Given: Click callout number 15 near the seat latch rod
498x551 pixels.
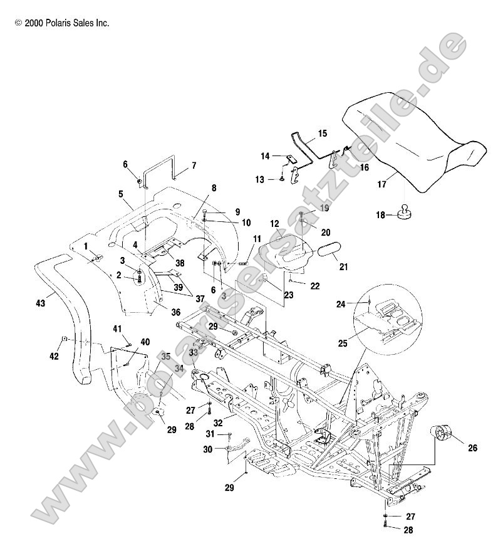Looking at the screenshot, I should pos(323,134).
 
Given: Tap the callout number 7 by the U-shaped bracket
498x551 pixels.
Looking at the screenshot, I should pos(194,165).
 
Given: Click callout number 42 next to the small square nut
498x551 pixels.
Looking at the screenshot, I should pos(54,356).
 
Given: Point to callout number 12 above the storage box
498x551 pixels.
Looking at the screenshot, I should pos(274,224).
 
